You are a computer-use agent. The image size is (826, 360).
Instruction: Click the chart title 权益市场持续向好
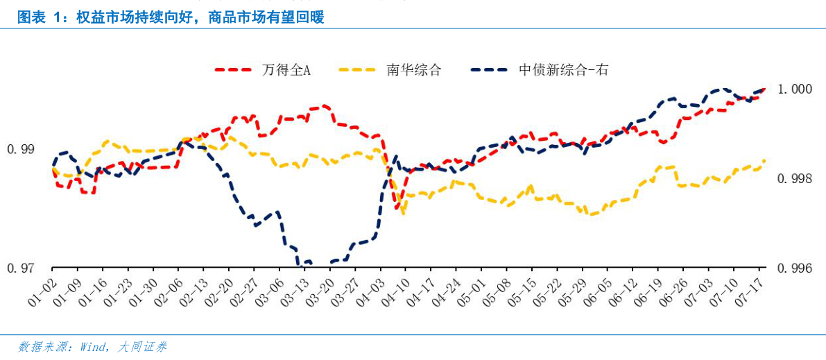tap(171, 17)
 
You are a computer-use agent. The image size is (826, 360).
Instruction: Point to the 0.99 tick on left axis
tap(20, 149)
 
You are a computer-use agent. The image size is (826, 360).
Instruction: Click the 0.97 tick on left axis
tap(20, 268)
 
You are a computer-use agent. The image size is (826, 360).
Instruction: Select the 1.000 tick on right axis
tap(794, 89)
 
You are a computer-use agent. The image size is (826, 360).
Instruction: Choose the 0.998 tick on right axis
tap(794, 179)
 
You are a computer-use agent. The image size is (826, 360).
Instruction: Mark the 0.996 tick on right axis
tap(794, 268)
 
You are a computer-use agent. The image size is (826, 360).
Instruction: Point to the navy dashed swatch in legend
tap(492, 70)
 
